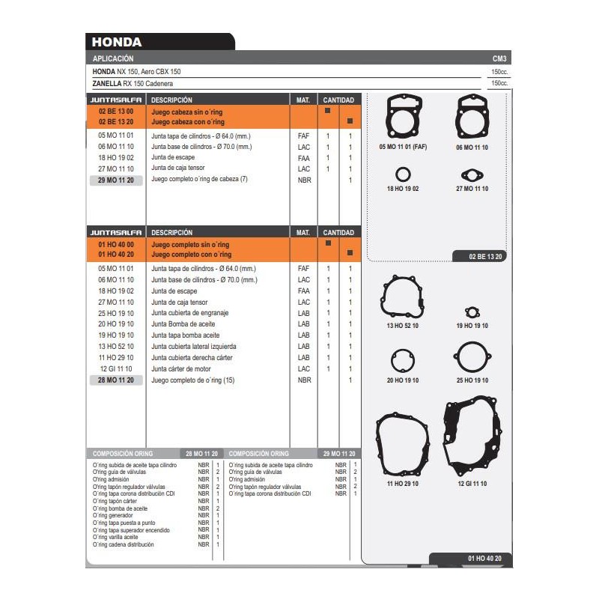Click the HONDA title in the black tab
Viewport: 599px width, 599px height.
(x=117, y=43)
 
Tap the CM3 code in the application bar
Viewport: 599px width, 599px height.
(x=499, y=58)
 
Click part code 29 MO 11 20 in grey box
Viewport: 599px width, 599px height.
(x=115, y=180)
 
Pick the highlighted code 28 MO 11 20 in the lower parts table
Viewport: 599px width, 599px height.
(x=115, y=380)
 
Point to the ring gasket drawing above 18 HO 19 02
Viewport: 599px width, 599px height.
(x=403, y=175)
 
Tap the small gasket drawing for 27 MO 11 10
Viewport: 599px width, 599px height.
(x=472, y=175)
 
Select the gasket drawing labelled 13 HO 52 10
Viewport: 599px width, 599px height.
(x=403, y=297)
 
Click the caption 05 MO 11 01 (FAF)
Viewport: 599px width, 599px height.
(x=403, y=148)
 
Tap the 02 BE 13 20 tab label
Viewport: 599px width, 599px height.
(x=486, y=257)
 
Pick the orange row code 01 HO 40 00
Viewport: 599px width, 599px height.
(x=115, y=245)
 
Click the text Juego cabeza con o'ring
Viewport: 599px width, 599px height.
(x=187, y=121)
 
